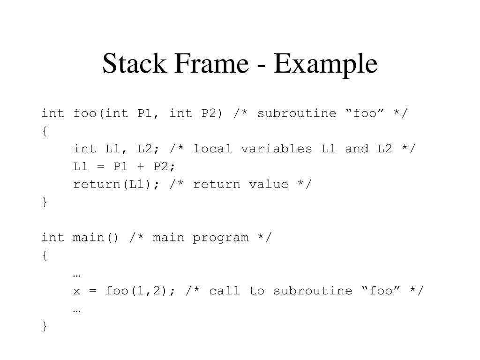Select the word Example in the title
(326, 64)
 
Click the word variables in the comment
(276, 149)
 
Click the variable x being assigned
(76, 291)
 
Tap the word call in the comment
(225, 291)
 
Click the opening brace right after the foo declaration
(45, 131)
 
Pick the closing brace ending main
(45, 326)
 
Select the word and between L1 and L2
(356, 149)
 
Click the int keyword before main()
(52, 238)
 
